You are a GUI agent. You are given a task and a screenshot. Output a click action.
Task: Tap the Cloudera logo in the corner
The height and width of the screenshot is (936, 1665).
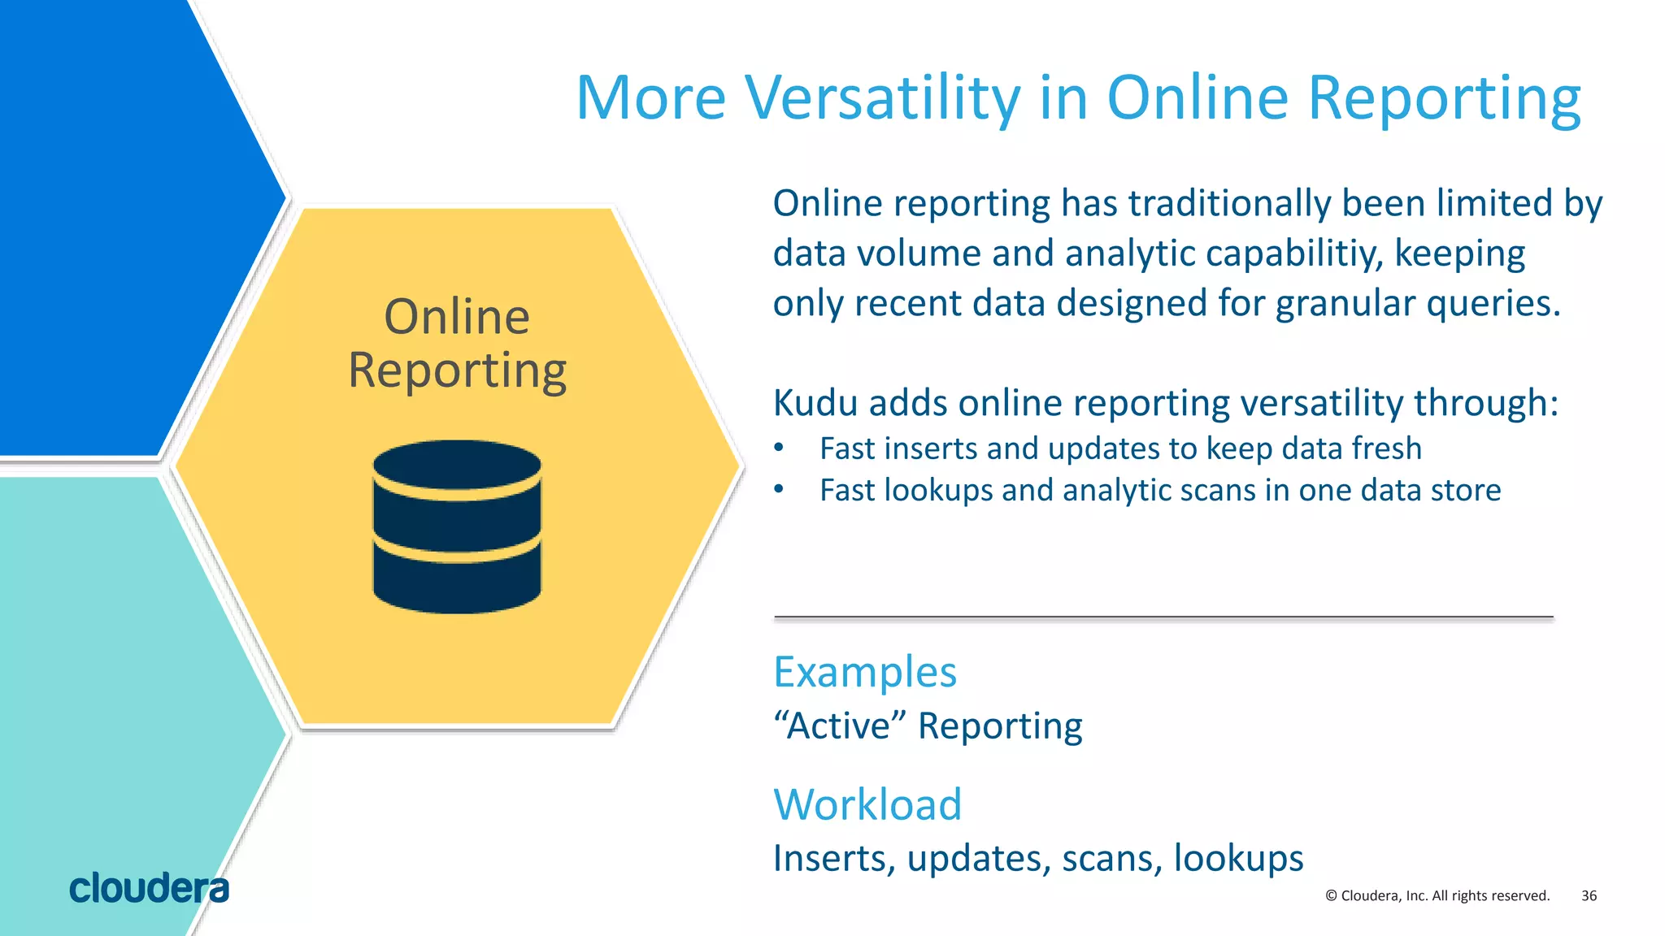point(149,889)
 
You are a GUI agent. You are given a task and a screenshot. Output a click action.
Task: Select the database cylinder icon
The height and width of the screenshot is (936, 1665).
point(457,526)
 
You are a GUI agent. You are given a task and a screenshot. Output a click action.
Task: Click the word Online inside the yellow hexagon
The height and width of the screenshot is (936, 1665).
point(457,317)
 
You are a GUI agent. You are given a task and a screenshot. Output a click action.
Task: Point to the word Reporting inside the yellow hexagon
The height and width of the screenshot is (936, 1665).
point(457,371)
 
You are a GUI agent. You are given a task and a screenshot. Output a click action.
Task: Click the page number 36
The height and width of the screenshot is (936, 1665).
point(1589,895)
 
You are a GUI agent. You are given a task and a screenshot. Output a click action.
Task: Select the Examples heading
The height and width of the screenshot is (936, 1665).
point(865,672)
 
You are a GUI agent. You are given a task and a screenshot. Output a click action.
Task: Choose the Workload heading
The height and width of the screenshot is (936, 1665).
point(867,804)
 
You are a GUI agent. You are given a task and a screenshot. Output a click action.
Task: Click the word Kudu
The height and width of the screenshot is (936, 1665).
point(814,403)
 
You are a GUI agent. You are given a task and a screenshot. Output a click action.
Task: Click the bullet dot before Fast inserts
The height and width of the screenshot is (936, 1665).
point(779,448)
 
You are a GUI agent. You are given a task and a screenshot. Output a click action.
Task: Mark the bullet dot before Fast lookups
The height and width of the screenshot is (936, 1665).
point(779,489)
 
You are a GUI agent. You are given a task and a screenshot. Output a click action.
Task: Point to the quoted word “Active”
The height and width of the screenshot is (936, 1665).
point(840,726)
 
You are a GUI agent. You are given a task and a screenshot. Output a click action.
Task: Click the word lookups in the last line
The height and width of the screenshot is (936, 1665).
point(1238,859)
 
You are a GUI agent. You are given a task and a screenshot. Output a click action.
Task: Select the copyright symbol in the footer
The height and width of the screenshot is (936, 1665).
point(1331,895)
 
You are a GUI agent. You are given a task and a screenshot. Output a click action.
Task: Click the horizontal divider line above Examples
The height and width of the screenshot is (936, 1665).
point(1163,617)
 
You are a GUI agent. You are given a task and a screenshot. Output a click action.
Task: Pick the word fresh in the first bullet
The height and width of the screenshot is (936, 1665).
point(1386,448)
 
